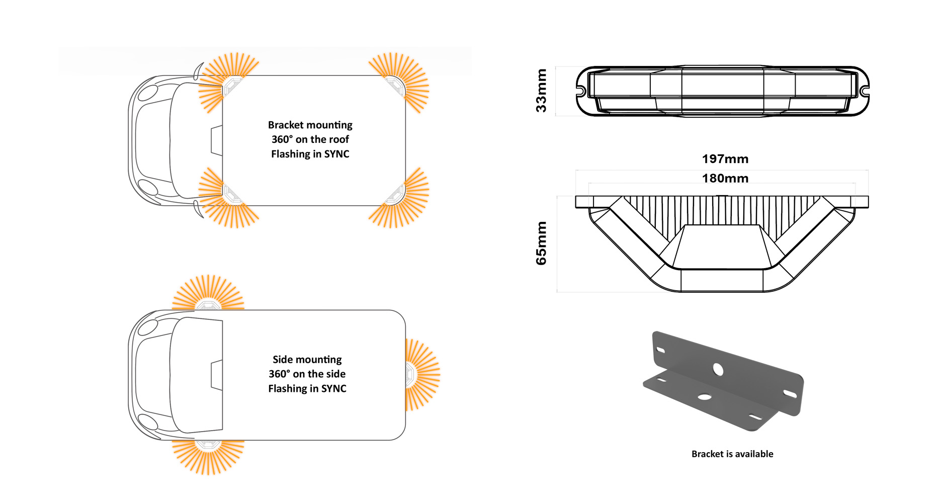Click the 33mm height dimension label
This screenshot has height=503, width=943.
pyautogui.click(x=541, y=91)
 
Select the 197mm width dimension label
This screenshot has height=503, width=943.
pyautogui.click(x=725, y=159)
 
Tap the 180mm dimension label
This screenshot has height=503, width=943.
pyautogui.click(x=725, y=178)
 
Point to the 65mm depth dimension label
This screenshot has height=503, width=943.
pyautogui.click(x=541, y=243)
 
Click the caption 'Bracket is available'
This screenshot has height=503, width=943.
pyautogui.click(x=732, y=454)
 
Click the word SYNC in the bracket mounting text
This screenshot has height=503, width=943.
pyautogui.click(x=336, y=154)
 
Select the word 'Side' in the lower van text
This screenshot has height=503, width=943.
pyautogui.click(x=282, y=359)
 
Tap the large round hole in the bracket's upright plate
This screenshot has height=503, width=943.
pyautogui.click(x=718, y=370)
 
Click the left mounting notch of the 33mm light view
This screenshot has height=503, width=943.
pyautogui.click(x=581, y=91)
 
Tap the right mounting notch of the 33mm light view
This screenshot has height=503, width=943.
pyautogui.click(x=864, y=91)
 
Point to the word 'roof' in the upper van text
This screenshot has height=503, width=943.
pyautogui.click(x=339, y=139)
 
